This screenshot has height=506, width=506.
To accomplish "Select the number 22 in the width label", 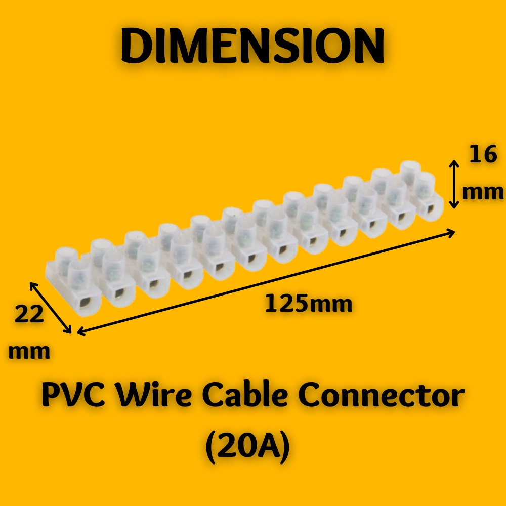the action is (x=29, y=314).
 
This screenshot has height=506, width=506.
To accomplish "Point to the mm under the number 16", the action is (x=483, y=192).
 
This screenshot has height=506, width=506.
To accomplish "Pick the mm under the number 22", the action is (x=29, y=351).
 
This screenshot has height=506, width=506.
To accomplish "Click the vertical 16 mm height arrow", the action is (x=454, y=184).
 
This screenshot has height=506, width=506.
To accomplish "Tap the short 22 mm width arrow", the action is (x=51, y=308).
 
